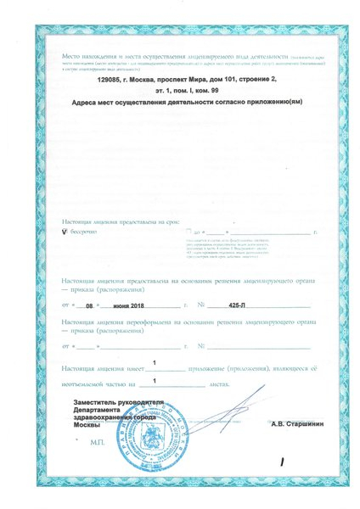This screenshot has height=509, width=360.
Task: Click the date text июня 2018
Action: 130,304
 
